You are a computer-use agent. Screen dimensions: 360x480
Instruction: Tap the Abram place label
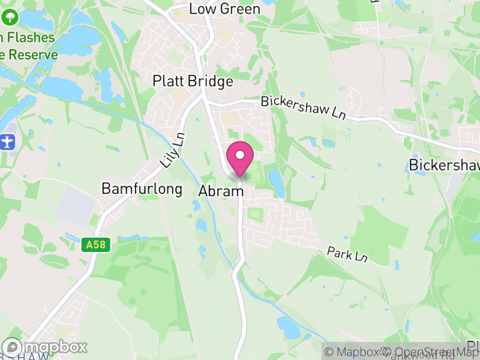click(x=221, y=191)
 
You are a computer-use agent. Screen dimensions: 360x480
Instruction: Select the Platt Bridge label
click(x=193, y=80)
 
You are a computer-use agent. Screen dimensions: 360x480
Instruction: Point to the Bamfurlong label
click(x=142, y=188)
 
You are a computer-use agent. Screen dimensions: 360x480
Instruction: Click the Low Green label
click(x=224, y=9)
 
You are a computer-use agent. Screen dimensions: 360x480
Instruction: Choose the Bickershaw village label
click(x=443, y=165)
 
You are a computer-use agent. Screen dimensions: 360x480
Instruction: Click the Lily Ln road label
click(x=173, y=151)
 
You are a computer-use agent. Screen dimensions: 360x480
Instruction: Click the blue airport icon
click(x=7, y=143)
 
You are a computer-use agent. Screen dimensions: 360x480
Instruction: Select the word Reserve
click(x=34, y=55)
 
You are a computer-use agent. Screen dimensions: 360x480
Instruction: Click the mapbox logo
click(x=46, y=347)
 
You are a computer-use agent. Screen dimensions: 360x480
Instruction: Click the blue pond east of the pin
click(x=277, y=182)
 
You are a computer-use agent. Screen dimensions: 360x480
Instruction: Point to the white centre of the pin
click(x=240, y=155)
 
